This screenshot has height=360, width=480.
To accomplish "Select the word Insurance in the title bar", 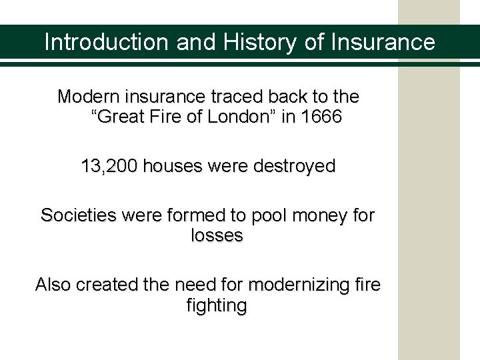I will tap(383, 43).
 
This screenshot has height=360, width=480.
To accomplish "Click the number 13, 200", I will tap(109, 166).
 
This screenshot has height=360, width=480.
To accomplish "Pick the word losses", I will tap(217, 235).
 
